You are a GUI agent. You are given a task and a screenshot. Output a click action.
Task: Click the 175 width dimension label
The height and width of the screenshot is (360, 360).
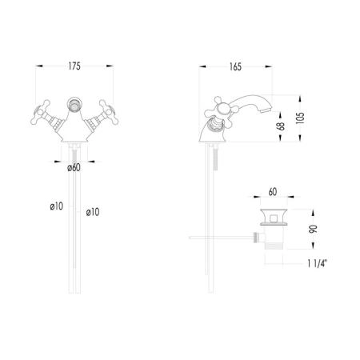click(x=74, y=66)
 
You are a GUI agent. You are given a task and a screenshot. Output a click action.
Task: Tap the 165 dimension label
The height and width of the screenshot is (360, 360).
click(x=235, y=67)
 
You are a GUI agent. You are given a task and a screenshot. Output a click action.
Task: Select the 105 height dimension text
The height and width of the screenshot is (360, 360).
click(x=300, y=118)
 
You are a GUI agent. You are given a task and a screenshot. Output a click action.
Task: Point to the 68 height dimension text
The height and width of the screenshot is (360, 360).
click(x=281, y=126)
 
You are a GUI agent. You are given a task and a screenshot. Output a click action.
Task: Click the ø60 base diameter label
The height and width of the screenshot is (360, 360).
click(x=74, y=168)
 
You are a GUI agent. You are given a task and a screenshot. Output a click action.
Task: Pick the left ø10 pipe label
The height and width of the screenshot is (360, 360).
click(x=57, y=206)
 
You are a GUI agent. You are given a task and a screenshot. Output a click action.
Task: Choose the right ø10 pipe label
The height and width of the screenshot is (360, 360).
click(x=93, y=212)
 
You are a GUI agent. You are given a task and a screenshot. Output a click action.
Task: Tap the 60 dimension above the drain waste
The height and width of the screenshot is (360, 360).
click(x=273, y=192)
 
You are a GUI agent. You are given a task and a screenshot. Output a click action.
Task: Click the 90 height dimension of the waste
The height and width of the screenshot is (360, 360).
click(x=314, y=229)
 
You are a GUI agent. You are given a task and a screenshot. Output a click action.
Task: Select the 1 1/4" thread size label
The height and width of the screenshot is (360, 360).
click(x=317, y=263)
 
